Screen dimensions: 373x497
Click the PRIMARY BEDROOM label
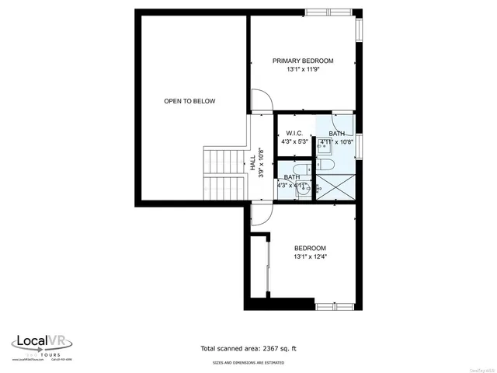302,61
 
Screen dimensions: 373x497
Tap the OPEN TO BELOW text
189,101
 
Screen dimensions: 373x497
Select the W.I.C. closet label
294,133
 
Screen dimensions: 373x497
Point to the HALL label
253,162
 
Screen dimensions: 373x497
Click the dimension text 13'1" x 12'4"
310,256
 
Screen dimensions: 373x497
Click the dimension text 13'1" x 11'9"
302,70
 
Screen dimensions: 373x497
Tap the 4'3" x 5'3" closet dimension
294,141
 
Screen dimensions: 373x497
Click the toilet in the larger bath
324,165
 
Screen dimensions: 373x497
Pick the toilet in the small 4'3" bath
303,187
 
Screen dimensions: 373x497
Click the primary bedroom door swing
262,100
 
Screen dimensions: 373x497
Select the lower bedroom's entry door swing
260,216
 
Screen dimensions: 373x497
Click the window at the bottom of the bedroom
335,306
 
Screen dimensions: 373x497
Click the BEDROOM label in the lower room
310,248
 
